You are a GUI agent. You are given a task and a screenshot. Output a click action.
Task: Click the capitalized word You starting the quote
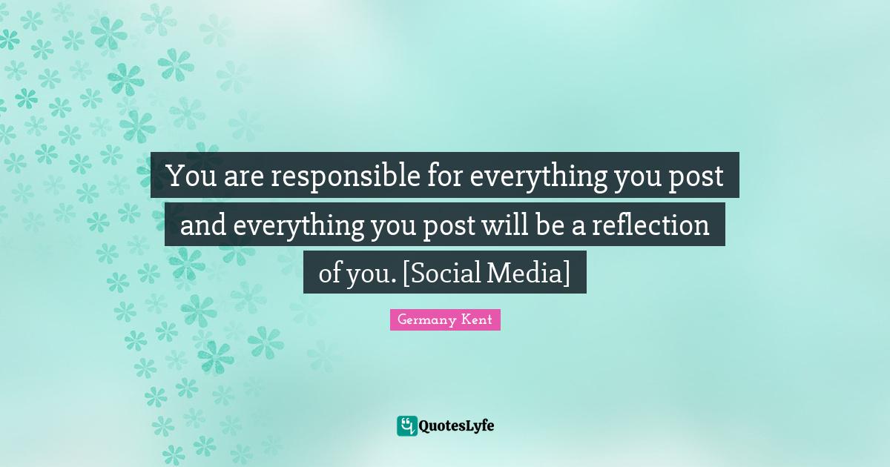coord(191,176)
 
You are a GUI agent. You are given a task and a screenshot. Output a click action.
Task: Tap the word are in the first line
coord(243,177)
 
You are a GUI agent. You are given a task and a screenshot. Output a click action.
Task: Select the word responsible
coord(346,177)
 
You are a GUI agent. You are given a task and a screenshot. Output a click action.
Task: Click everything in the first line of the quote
coord(538,177)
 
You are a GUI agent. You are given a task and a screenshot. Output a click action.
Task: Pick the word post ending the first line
coord(696,178)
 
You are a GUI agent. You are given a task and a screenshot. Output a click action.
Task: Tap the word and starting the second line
coord(203,225)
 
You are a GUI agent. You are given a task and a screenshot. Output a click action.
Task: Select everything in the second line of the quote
coord(298,226)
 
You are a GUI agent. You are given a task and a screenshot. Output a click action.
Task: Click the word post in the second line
coord(449,227)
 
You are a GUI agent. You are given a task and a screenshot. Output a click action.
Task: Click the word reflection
coord(650,224)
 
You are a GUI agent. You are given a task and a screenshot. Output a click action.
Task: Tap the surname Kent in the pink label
coord(477,319)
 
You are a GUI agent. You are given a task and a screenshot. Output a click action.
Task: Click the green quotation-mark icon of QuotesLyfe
coord(406,425)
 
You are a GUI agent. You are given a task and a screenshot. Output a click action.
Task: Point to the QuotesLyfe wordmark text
coord(457,426)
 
